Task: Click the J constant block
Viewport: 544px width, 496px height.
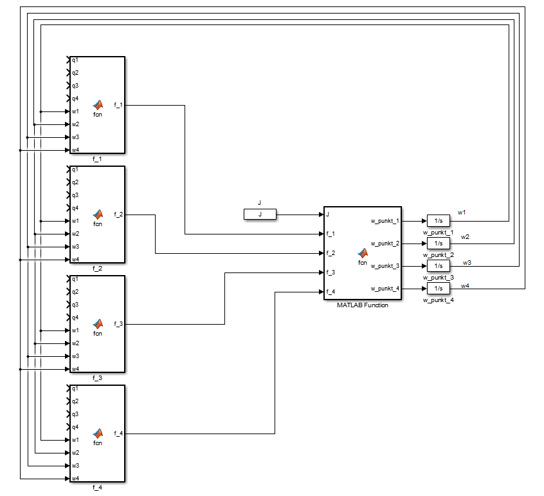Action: coord(260,215)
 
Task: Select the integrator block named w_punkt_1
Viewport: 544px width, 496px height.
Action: coord(439,221)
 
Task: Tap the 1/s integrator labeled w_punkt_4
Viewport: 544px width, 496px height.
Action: coord(439,288)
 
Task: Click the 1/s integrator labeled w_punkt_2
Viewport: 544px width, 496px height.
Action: coord(439,243)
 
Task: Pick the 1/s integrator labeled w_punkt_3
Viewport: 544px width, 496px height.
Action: coord(439,265)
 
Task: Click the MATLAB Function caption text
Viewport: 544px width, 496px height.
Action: coord(363,305)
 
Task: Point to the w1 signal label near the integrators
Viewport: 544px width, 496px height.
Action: coord(461,212)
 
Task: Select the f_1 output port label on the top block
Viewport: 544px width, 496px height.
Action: coord(118,104)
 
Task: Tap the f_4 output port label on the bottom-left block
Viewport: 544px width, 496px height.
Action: coord(118,433)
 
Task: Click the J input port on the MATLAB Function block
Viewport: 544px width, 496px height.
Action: coord(328,215)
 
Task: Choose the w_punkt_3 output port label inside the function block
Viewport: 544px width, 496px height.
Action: coord(385,266)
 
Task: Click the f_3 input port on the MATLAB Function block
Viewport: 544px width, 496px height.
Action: coord(331,272)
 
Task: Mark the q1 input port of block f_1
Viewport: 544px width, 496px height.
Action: coord(75,60)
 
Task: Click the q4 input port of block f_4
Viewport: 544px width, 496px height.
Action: coord(75,427)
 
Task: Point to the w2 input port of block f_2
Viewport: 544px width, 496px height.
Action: coord(75,234)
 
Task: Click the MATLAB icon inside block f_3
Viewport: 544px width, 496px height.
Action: coord(98,323)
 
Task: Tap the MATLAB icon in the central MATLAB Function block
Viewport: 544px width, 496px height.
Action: coord(363,253)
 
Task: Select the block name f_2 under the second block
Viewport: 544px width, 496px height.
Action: coord(97,268)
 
